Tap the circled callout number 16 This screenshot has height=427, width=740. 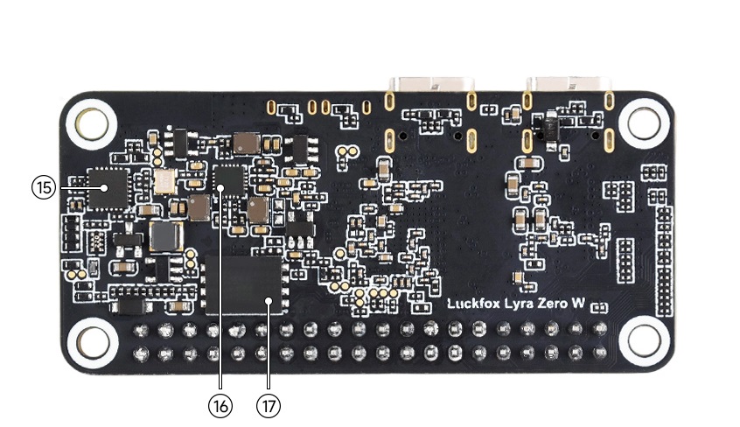pyautogui.click(x=220, y=405)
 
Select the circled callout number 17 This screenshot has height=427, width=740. pyautogui.click(x=267, y=405)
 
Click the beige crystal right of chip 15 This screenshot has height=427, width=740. pyautogui.click(x=164, y=181)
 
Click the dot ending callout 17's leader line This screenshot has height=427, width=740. pyautogui.click(x=269, y=303)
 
